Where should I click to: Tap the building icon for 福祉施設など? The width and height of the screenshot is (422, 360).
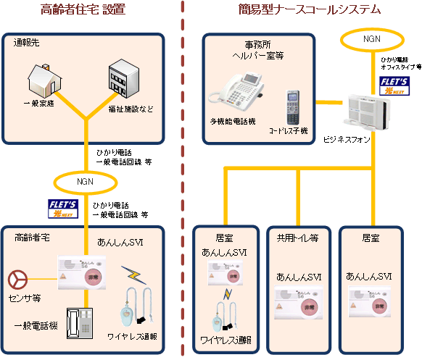pos(123,81)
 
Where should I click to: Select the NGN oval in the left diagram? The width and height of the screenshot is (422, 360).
pos(84,180)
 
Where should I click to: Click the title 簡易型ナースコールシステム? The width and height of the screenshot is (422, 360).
pos(309,10)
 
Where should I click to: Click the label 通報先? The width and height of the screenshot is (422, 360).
pos(27,43)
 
